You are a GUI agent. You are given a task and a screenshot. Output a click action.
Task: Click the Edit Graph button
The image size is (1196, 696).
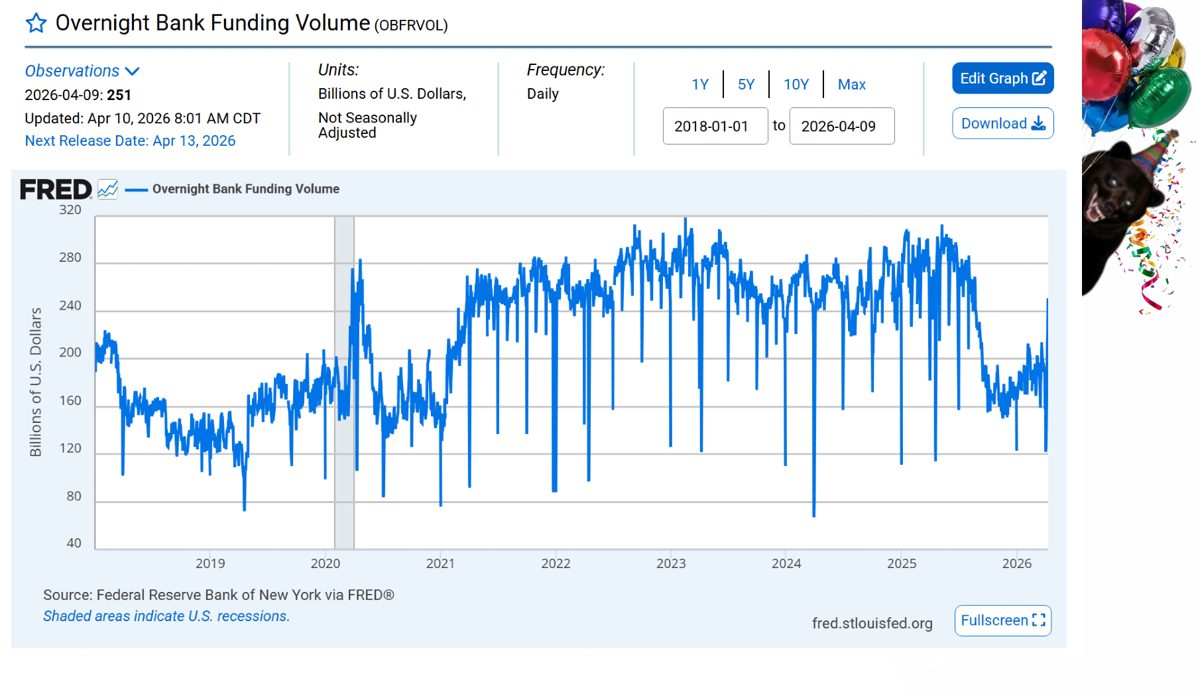(1002, 78)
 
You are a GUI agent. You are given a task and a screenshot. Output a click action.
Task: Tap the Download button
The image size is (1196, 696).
(1002, 123)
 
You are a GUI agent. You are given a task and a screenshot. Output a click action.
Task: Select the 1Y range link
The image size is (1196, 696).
(700, 84)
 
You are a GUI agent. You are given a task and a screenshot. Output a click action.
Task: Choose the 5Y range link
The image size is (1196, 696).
(746, 84)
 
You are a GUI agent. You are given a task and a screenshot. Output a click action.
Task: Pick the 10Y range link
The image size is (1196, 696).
(796, 84)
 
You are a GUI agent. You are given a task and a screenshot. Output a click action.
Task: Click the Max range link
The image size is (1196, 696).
(851, 84)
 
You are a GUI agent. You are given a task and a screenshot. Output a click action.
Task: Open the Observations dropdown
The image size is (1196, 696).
(82, 71)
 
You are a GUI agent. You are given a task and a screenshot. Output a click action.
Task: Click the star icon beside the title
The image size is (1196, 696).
(36, 23)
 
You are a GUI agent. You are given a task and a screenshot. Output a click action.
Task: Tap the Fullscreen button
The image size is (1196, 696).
(1002, 620)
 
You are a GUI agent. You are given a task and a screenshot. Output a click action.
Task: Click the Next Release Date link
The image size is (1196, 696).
(130, 141)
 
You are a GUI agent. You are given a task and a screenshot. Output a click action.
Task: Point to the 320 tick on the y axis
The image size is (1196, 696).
(70, 210)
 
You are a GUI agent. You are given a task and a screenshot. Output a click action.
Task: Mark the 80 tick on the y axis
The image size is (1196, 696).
(74, 496)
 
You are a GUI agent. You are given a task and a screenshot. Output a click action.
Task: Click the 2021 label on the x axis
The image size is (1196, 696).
(440, 563)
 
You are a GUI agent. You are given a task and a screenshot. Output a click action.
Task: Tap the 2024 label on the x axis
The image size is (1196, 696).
(786, 563)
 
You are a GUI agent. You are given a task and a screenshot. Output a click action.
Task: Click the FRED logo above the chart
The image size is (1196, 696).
(56, 190)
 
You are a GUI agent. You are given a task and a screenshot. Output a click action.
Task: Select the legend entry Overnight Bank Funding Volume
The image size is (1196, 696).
(245, 189)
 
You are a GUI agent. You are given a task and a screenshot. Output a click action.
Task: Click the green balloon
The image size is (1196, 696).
(1160, 96)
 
